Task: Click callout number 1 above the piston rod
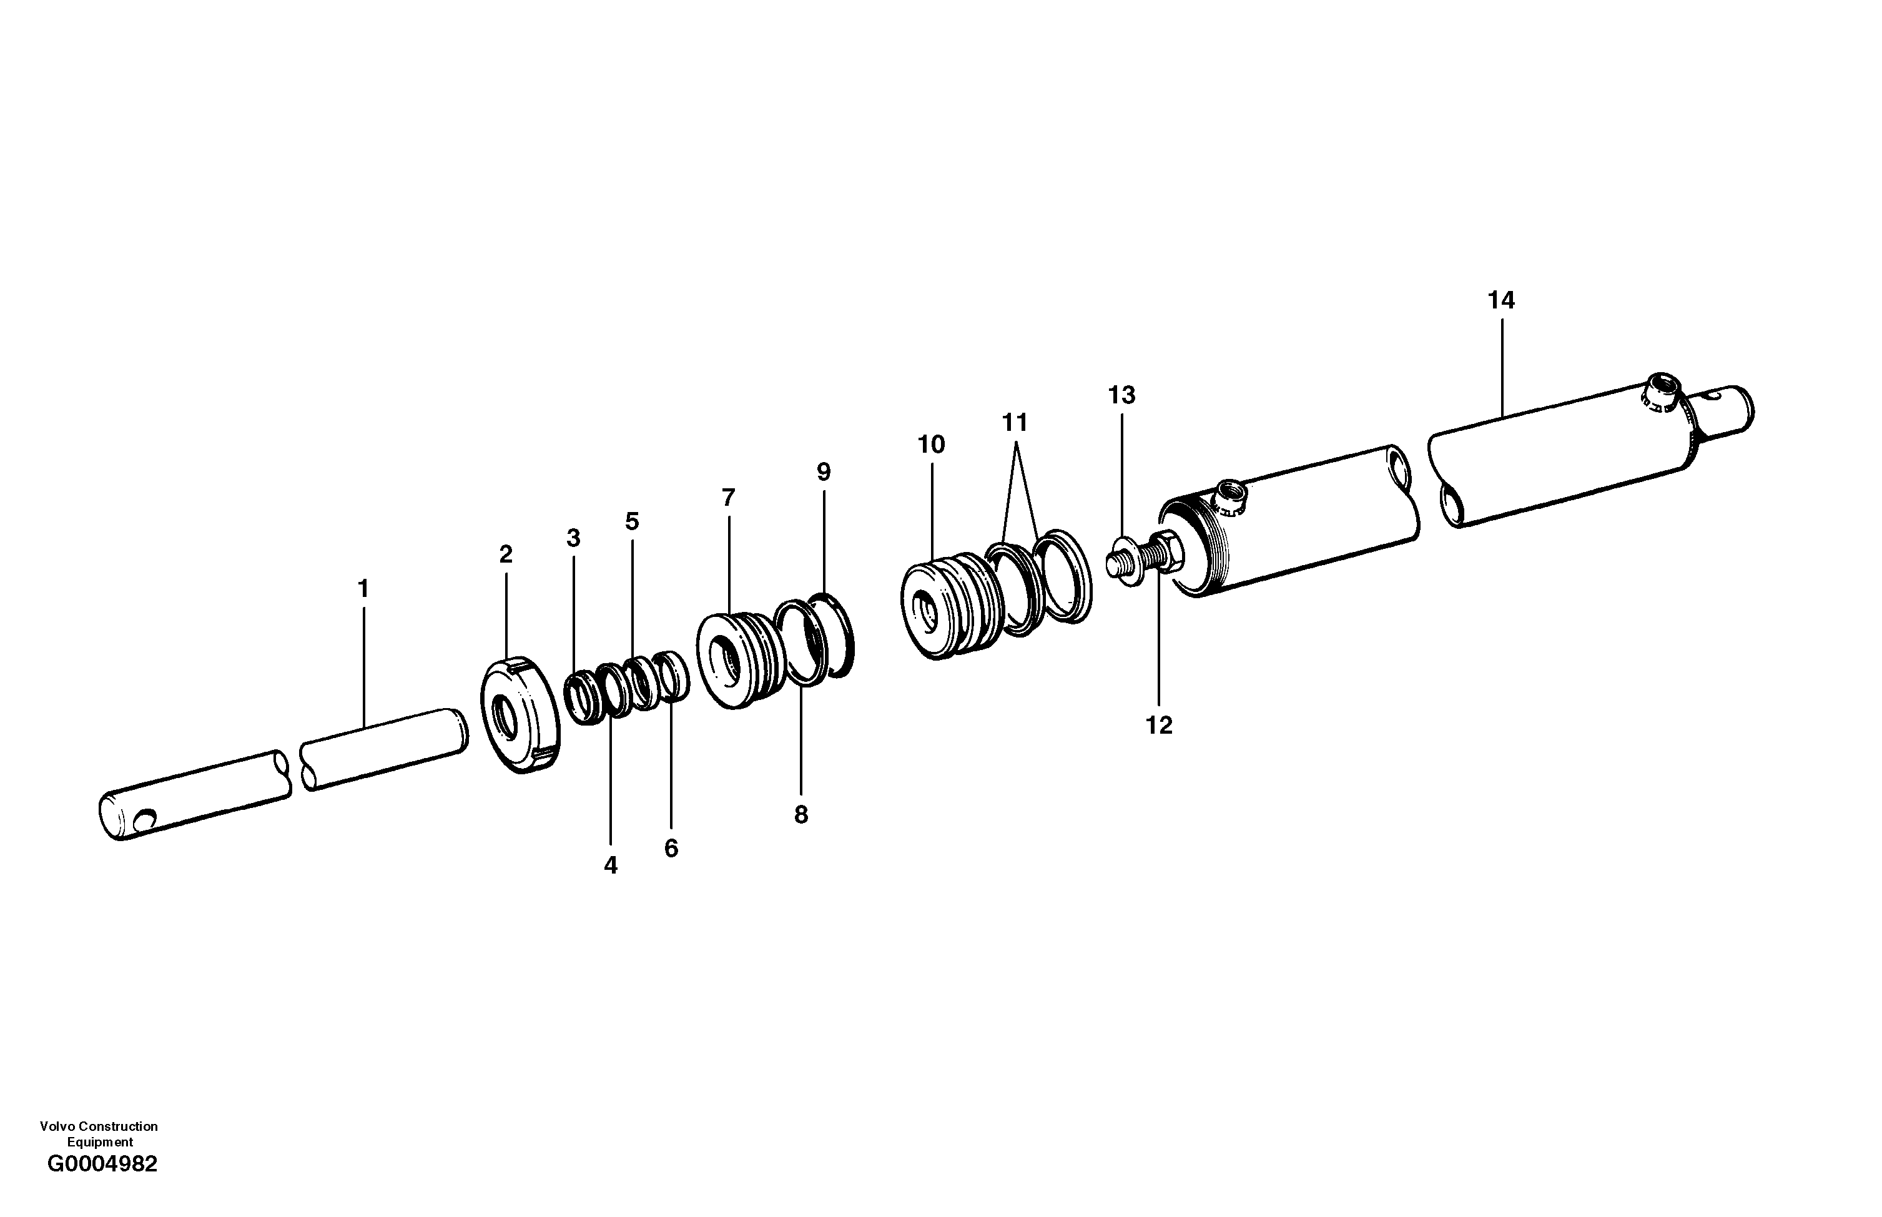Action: [x=363, y=589]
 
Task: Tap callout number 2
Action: [x=506, y=554]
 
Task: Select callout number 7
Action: [x=727, y=498]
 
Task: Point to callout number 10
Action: [x=931, y=445]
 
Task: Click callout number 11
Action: [x=1015, y=423]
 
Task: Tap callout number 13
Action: [x=1121, y=395]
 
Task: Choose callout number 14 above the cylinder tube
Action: [x=1501, y=300]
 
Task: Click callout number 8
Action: [x=801, y=815]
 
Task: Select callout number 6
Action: [x=671, y=849]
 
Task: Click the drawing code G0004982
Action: [x=102, y=1164]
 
